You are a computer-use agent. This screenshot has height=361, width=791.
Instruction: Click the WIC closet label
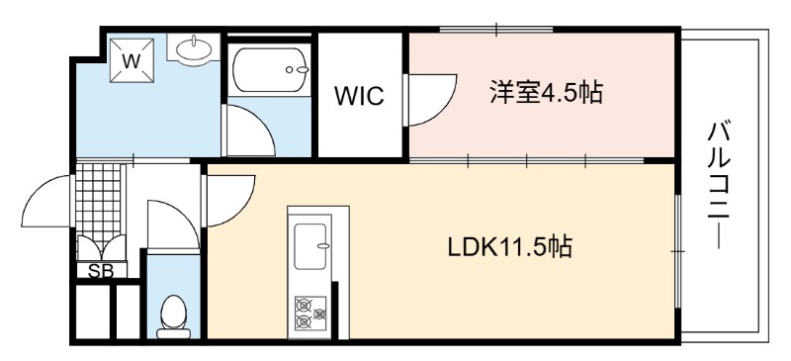(x=360, y=95)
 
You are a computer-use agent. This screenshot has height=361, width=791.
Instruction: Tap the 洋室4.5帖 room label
(x=547, y=92)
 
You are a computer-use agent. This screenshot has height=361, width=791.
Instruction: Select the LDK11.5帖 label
(x=510, y=247)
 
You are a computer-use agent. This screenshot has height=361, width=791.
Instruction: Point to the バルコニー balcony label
(x=719, y=185)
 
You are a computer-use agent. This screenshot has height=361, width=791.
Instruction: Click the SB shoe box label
(x=101, y=271)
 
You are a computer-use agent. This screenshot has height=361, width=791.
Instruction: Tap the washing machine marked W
(x=132, y=61)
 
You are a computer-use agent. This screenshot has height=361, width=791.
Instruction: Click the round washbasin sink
(x=194, y=49)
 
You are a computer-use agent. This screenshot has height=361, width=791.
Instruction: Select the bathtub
(x=271, y=69)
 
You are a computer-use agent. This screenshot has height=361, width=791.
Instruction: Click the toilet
(x=174, y=316)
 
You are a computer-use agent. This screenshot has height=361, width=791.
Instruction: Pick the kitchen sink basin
(x=310, y=246)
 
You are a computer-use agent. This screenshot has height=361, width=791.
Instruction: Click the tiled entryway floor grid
(x=98, y=204)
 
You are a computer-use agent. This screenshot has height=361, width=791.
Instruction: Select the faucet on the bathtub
(x=296, y=69)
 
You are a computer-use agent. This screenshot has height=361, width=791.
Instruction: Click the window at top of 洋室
(x=496, y=30)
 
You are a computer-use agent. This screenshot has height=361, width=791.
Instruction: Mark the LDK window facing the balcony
(x=678, y=251)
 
